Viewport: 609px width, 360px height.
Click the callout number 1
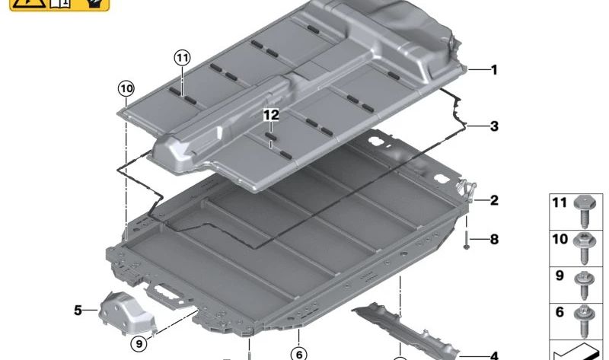[x=494, y=70]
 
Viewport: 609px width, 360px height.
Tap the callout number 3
[x=494, y=126]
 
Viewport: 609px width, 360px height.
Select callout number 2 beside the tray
[x=494, y=201]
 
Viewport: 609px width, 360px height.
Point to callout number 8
[x=494, y=240]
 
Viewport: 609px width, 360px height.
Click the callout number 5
[x=78, y=310]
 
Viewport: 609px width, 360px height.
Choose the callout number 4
[x=494, y=355]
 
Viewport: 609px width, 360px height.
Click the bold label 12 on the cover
[x=272, y=115]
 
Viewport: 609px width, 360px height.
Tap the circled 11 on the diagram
[x=182, y=57]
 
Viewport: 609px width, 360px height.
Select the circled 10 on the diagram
[x=126, y=88]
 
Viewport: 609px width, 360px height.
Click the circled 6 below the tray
[x=298, y=353]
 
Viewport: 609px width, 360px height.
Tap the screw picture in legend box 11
[x=586, y=209]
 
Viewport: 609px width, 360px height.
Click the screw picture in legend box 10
[x=586, y=246]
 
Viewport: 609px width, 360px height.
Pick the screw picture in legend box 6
[x=586, y=317]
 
